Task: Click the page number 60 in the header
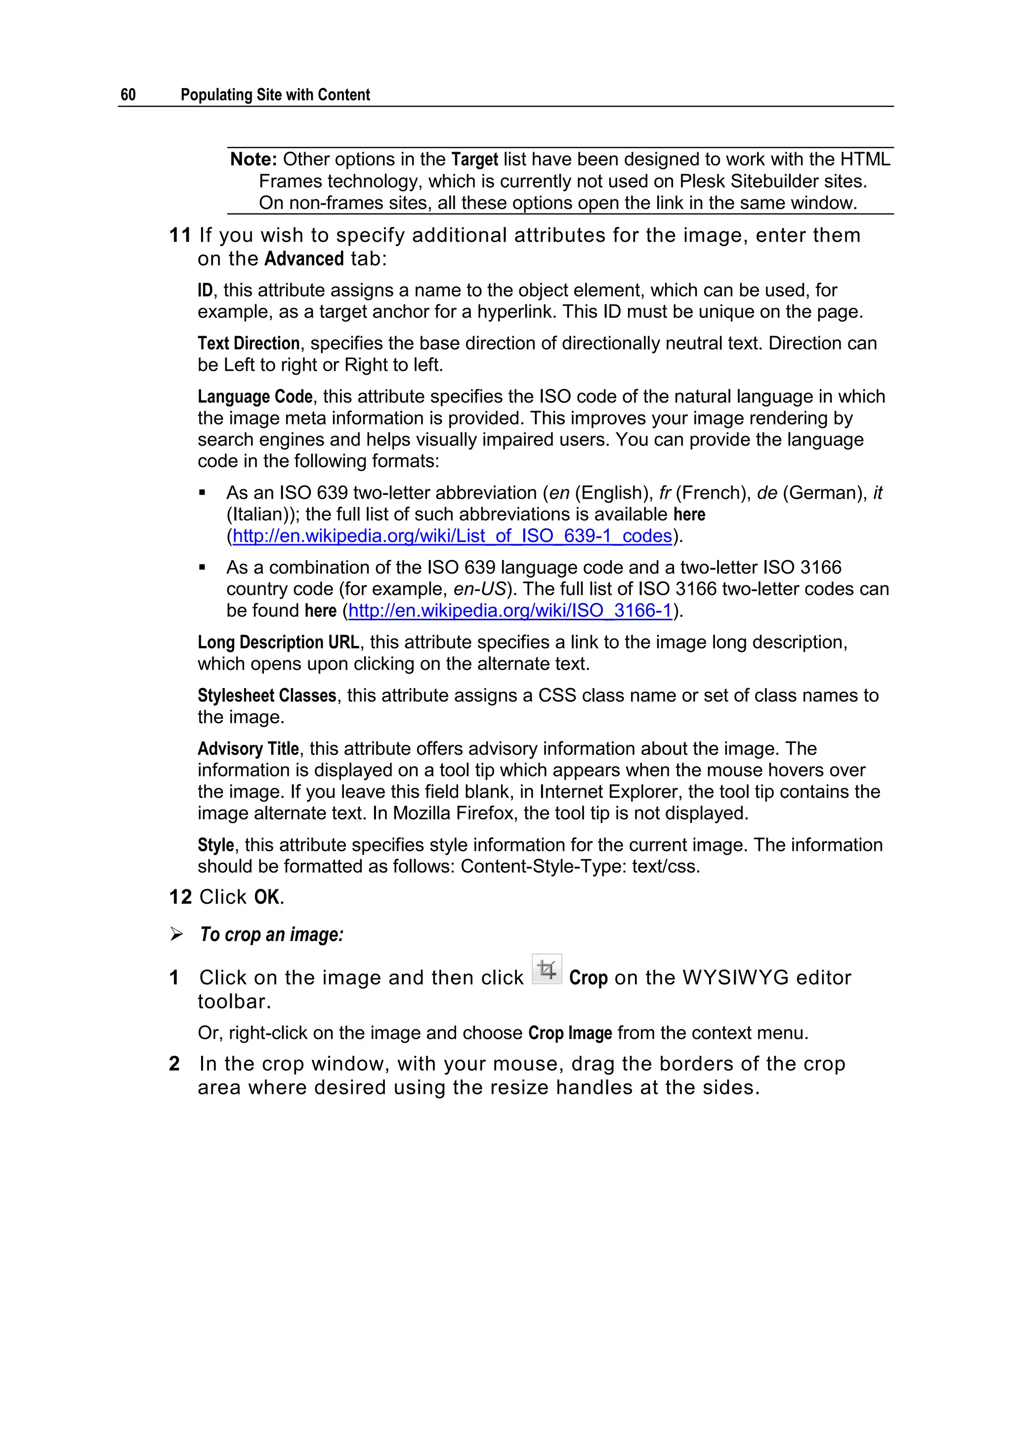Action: tap(128, 95)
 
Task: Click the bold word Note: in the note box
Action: tap(253, 160)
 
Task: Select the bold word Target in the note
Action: tap(474, 160)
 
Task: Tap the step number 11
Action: tap(179, 236)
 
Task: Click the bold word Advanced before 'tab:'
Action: tap(304, 259)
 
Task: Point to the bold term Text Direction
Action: tap(249, 344)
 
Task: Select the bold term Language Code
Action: tap(255, 397)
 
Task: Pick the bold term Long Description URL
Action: tap(278, 643)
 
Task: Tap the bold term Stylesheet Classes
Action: tap(267, 695)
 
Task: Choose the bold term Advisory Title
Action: tap(248, 748)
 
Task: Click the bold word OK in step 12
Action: tap(267, 898)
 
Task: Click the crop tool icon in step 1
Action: tap(547, 970)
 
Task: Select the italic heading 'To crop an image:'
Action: tap(271, 935)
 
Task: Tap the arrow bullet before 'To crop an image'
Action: tap(176, 935)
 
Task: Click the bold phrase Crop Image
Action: tap(570, 1034)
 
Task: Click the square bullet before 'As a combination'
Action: tap(202, 568)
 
